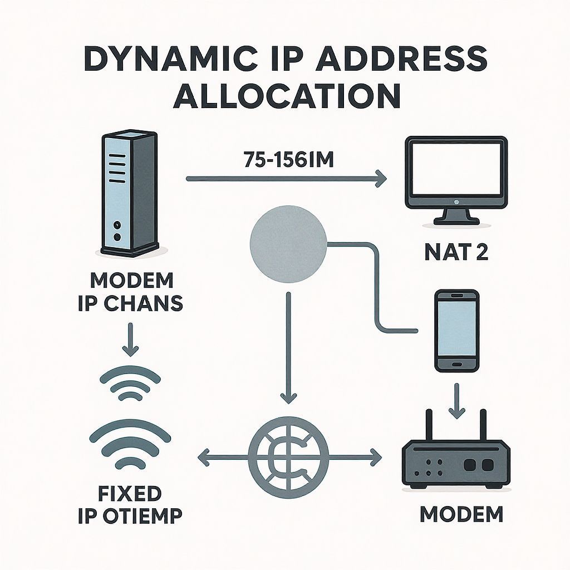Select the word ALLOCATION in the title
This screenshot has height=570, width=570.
[287, 96]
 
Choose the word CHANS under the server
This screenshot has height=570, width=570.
[150, 304]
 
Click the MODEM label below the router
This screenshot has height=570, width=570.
[461, 513]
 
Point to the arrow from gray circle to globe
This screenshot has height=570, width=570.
[288, 345]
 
